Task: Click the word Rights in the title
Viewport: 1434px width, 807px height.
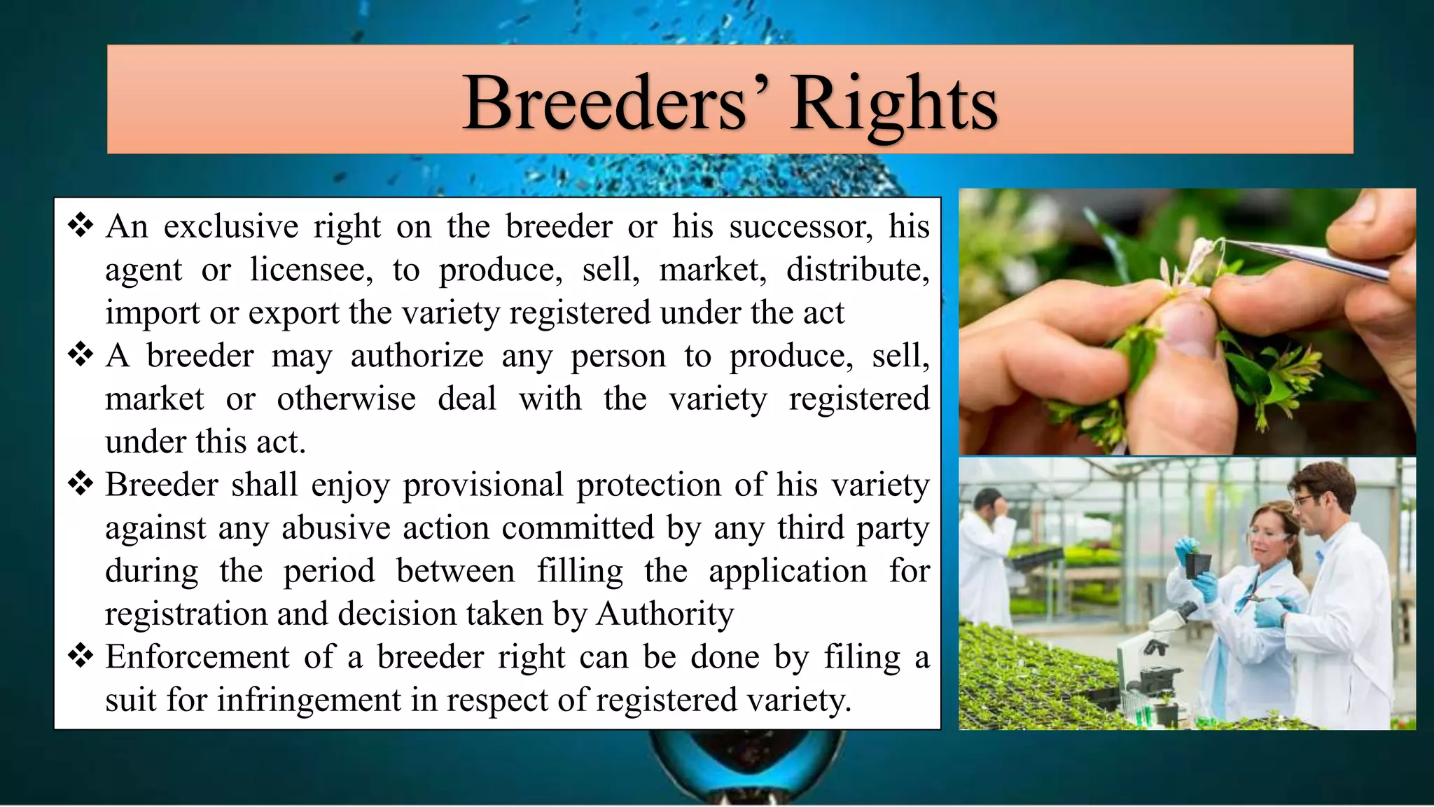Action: click(893, 104)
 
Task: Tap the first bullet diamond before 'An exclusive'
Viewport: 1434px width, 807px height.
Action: click(81, 226)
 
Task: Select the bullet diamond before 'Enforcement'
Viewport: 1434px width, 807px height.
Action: click(81, 656)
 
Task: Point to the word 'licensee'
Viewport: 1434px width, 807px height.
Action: click(312, 270)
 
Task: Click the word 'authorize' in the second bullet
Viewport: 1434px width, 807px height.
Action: click(417, 356)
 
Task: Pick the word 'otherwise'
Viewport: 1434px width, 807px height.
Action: click(346, 399)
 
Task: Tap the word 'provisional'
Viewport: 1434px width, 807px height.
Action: click(483, 485)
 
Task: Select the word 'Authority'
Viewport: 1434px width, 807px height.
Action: click(665, 614)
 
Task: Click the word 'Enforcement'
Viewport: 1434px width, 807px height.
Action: click(197, 657)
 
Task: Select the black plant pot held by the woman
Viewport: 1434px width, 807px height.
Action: click(1198, 565)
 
